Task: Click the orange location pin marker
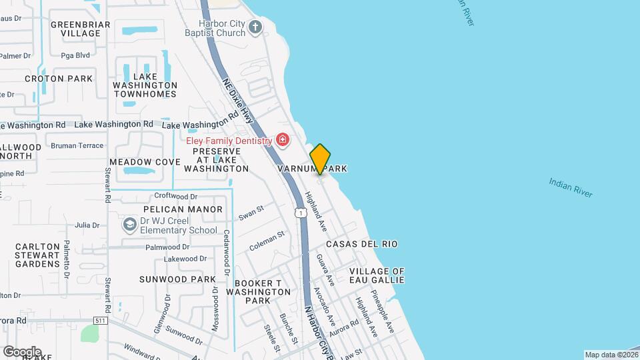pyautogui.click(x=320, y=159)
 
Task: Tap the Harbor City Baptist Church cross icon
pyautogui.click(x=255, y=27)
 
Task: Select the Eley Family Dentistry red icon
pyautogui.click(x=283, y=140)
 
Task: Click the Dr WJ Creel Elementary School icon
pyautogui.click(x=129, y=225)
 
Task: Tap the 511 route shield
pyautogui.click(x=101, y=321)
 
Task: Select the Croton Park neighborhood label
pyautogui.click(x=59, y=79)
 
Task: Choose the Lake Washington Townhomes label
pyautogui.click(x=145, y=85)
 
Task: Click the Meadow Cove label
pyautogui.click(x=145, y=162)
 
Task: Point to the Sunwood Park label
pyautogui.click(x=177, y=279)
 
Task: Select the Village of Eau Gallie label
pyautogui.click(x=377, y=275)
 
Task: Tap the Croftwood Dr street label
pyautogui.click(x=176, y=196)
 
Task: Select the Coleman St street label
pyautogui.click(x=267, y=241)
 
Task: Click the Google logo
pyautogui.click(x=22, y=351)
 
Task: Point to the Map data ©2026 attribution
pyautogui.click(x=611, y=355)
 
